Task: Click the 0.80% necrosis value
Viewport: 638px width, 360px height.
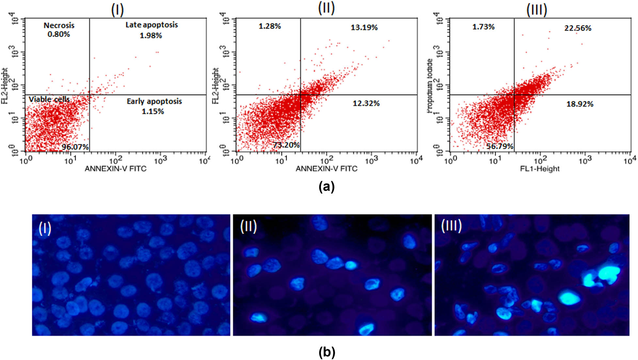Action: point(59,34)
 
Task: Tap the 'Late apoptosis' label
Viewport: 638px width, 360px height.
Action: point(152,25)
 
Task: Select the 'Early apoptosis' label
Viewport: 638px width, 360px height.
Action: point(154,101)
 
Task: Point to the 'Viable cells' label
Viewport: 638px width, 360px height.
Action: point(49,99)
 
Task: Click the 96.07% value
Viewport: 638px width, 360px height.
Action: point(75,147)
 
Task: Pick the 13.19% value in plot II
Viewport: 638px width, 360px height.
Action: point(364,27)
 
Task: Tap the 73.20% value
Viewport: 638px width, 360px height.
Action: point(286,145)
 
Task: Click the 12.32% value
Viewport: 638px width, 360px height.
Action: point(366,103)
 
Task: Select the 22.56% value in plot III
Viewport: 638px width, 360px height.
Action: point(578,28)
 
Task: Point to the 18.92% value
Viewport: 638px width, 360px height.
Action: point(580,104)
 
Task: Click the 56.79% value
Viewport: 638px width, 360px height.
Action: point(500,146)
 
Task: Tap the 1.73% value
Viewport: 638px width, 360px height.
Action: point(483,27)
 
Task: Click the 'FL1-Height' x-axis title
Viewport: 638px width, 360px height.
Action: point(540,169)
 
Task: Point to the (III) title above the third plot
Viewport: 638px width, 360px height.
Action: point(536,10)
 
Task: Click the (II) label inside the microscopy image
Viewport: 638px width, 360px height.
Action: point(248,226)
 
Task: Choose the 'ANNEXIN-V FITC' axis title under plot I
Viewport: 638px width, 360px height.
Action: point(116,169)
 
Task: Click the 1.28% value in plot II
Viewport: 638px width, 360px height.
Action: point(270,26)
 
